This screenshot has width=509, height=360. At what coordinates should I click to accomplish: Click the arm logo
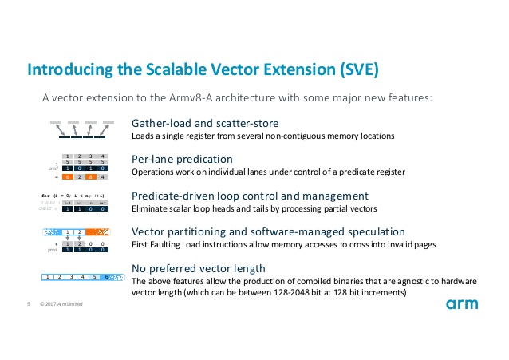(463, 304)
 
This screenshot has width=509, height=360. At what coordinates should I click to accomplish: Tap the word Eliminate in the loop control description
(150, 208)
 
